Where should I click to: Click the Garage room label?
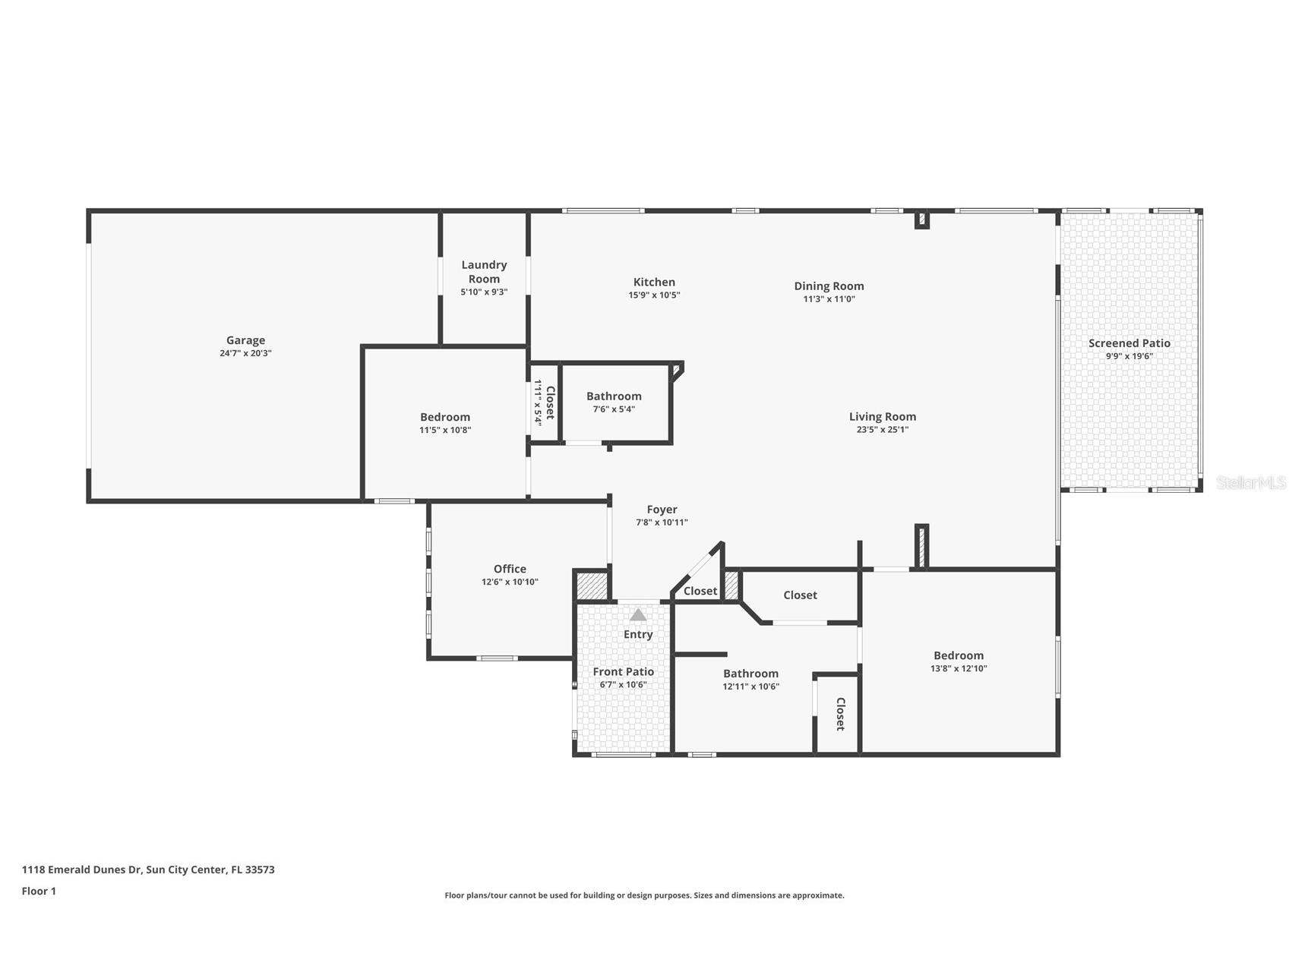245,340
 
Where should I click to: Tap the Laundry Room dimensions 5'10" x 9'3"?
484,292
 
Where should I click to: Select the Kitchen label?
654,282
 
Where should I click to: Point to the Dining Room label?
829,286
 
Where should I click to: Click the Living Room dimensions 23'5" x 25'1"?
882,429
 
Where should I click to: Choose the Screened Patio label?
1129,343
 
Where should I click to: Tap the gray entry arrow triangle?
638,614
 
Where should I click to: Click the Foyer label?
662,510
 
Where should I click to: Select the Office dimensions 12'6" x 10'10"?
510,582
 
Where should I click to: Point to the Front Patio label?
623,671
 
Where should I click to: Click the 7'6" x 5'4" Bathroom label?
614,396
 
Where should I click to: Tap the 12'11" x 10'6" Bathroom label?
750,673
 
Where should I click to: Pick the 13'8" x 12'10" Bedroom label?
958,655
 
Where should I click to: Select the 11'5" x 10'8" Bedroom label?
444,417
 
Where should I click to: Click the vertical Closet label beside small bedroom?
550,402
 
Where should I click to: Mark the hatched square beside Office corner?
591,586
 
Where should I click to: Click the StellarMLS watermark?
1250,482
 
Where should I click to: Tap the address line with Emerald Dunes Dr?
148,870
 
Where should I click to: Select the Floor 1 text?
39,891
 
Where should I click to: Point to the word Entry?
638,634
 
